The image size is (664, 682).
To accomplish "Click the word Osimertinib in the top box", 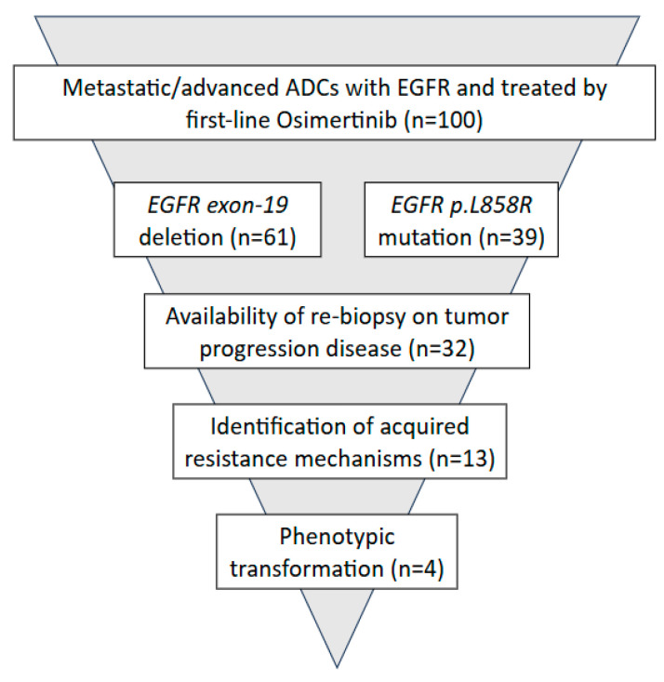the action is coord(337,119).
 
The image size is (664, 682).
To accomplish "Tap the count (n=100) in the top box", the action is coord(443,120).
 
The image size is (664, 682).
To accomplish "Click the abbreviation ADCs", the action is coord(312,87).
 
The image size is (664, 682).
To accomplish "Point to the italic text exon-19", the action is coord(247,205).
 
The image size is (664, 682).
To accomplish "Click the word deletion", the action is coord(181,237).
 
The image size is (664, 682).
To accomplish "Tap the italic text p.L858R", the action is coord(491,206).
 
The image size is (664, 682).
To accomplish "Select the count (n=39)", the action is coord(511,237).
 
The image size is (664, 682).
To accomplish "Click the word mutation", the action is coord(425,238).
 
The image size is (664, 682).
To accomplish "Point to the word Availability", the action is coord(221,316).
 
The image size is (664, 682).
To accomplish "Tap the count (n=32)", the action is coord(442,349).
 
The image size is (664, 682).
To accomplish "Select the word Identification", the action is coord(278,426).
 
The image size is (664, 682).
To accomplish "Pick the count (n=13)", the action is coord(462,459).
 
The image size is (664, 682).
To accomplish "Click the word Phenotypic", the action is coord(337,537).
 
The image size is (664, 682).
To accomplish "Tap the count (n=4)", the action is coord(418,568).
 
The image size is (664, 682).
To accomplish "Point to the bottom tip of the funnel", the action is coord(337,667).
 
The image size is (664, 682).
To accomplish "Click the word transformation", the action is coord(307,568).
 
